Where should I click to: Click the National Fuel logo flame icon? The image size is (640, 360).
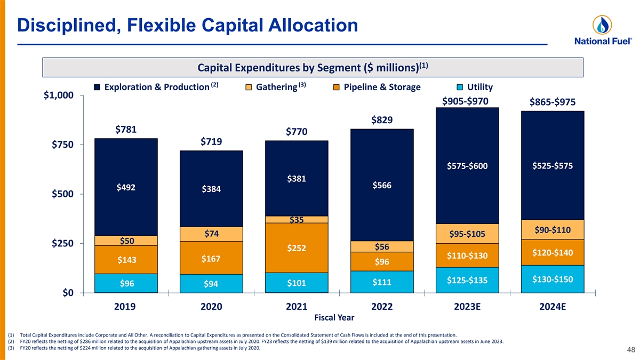pyautogui.click(x=602, y=25)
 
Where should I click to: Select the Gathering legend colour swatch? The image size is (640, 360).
pyautogui.click(x=249, y=87)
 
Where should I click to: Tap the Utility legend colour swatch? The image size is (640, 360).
pyautogui.click(x=460, y=87)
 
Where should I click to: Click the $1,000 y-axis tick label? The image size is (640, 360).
pyautogui.click(x=59, y=96)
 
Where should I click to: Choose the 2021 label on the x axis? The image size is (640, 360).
pyautogui.click(x=296, y=307)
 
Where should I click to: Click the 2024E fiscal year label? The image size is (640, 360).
pyautogui.click(x=552, y=307)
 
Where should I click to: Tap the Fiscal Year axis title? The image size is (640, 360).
pyautogui.click(x=334, y=318)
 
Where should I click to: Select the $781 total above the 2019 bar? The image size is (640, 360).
pyautogui.click(x=126, y=130)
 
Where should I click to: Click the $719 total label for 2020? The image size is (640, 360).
pyautogui.click(x=211, y=142)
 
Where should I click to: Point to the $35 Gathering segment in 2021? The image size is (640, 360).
pyautogui.click(x=297, y=220)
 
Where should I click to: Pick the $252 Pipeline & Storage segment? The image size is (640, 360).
pyautogui.click(x=297, y=248)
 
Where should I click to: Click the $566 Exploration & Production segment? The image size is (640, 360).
pyautogui.click(x=382, y=186)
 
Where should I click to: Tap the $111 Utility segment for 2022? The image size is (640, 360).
pyautogui.click(x=382, y=282)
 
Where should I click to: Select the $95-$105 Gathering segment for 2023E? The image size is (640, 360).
pyautogui.click(x=467, y=234)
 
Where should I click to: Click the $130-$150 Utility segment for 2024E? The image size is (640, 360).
pyautogui.click(x=553, y=279)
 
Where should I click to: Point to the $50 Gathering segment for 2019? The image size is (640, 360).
pyautogui.click(x=126, y=241)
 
